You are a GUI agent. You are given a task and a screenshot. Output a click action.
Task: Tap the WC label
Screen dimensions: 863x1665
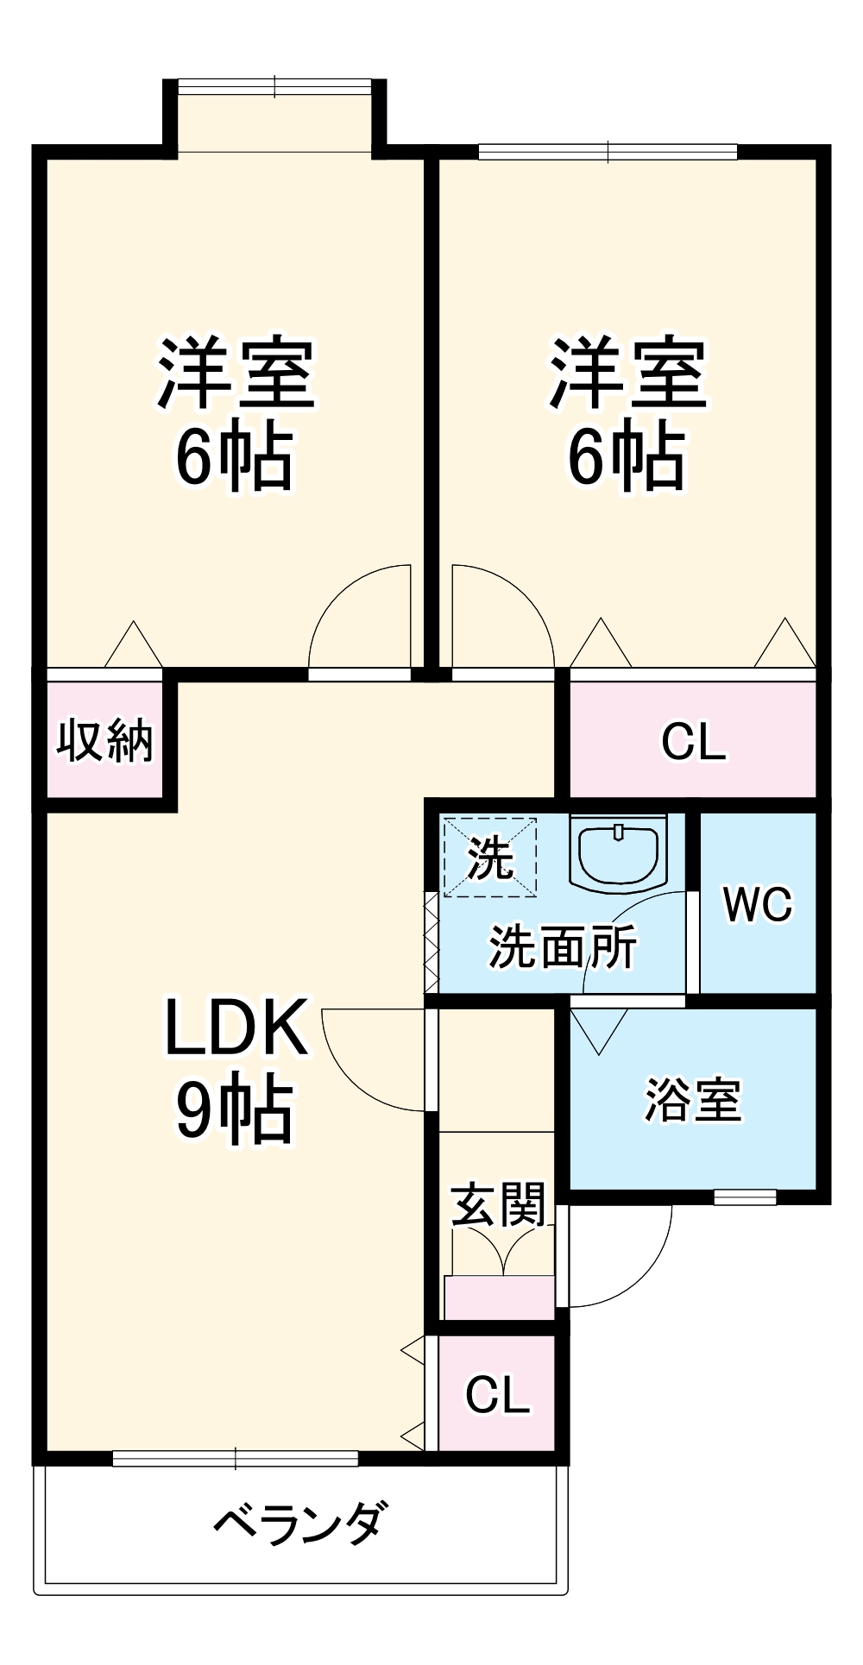click(x=758, y=904)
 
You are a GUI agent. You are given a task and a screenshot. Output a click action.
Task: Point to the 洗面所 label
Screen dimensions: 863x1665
click(x=563, y=946)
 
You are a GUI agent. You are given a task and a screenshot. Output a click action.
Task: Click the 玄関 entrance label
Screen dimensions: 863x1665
click(x=499, y=1204)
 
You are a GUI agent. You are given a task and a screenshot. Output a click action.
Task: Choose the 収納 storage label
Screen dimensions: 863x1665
click(x=105, y=740)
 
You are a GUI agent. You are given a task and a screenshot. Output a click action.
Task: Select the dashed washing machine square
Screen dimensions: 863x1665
click(x=490, y=857)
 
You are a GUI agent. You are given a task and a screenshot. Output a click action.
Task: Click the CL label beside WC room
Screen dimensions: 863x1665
click(x=694, y=741)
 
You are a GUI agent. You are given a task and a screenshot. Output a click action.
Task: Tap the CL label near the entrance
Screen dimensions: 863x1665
click(x=497, y=1395)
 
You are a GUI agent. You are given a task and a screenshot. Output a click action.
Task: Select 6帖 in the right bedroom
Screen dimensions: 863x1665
click(x=627, y=456)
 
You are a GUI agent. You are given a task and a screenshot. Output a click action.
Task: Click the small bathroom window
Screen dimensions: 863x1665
click(x=745, y=1197)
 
